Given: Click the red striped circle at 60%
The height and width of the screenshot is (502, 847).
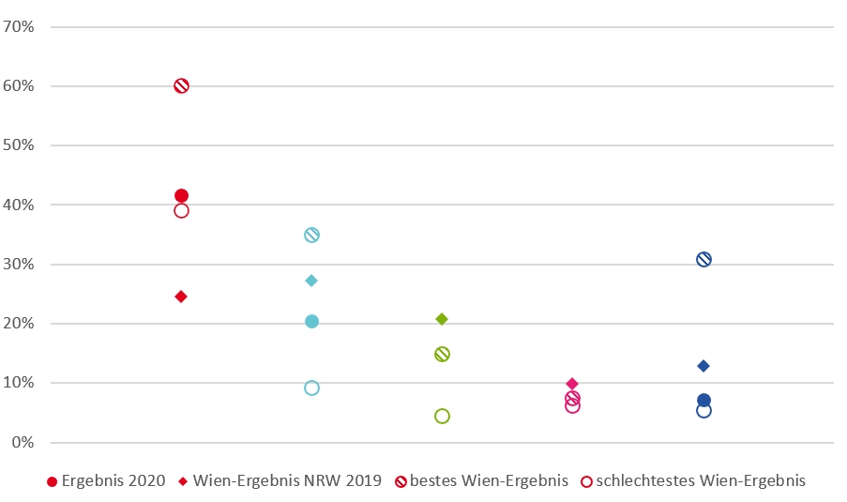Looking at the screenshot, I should click(181, 85).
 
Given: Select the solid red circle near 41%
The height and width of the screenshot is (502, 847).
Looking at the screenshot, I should click(181, 196).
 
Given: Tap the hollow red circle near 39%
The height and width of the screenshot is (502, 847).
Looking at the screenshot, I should click(181, 210).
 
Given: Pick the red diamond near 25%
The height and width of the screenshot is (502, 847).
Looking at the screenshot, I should click(181, 297).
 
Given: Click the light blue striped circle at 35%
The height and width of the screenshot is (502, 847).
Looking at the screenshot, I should click(311, 235).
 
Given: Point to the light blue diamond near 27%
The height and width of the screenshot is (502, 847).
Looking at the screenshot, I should click(311, 281).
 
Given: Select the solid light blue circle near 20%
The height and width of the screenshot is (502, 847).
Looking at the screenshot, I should click(311, 322).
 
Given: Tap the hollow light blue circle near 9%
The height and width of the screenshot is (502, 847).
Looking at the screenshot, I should click(311, 388).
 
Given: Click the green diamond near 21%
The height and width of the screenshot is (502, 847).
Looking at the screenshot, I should click(442, 319).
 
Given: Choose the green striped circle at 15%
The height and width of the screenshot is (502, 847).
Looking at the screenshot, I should click(442, 354).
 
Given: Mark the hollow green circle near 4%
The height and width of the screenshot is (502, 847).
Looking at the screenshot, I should click(442, 416).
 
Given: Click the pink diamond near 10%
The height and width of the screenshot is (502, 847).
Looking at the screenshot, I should click(572, 384).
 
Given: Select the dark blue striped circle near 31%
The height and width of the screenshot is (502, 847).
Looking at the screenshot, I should click(703, 259).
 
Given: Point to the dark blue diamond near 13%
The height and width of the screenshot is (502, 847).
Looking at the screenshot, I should click(703, 366).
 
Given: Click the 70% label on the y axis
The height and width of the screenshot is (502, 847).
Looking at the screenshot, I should click(19, 27).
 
